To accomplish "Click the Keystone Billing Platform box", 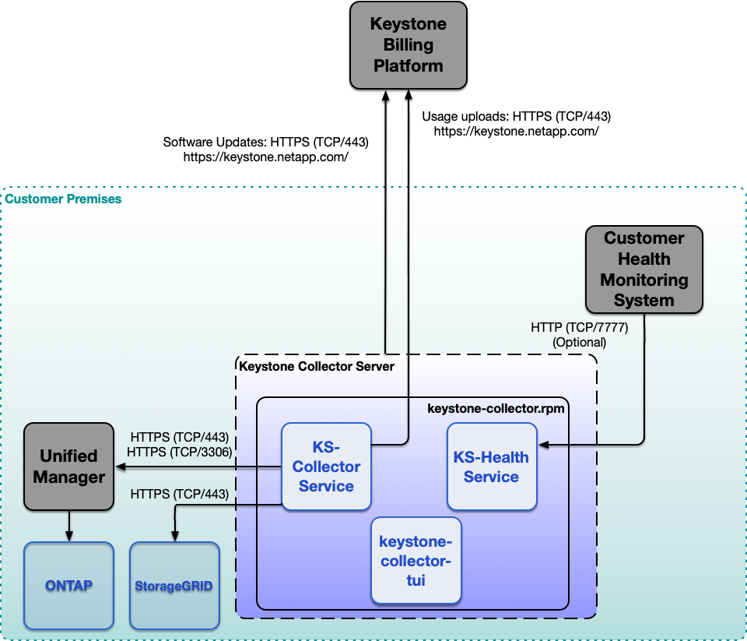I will (408, 44).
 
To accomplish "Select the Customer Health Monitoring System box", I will (644, 269).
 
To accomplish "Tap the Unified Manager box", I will (68, 467).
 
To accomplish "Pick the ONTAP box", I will (68, 585).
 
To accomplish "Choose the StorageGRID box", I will (174, 585).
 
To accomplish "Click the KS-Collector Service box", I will (326, 467).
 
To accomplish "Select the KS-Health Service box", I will (491, 467).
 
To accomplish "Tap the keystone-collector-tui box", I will (416, 560).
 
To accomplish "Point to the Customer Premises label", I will (63, 199).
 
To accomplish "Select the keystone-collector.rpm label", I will (496, 407).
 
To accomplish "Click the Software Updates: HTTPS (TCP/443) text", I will (265, 143).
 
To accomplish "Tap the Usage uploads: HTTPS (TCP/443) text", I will (516, 116).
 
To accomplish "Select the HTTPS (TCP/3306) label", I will (181, 451).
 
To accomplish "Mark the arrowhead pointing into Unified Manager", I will (120, 467).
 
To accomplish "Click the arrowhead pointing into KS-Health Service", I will (543, 445).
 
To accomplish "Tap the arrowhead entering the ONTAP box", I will (68, 537).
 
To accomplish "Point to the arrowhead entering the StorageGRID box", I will (174, 537).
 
